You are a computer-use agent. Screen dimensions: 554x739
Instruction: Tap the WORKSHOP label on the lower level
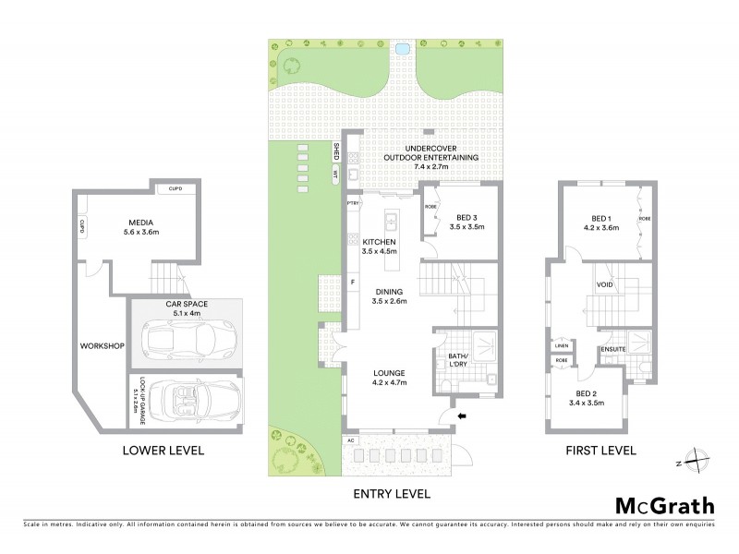[x=102, y=345]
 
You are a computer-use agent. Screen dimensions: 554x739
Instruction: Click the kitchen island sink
[x=391, y=222]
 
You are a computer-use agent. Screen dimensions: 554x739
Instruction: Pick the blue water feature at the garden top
[x=402, y=48]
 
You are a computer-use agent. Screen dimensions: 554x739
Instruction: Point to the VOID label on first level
[x=605, y=284]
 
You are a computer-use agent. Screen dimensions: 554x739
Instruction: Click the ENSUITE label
[x=612, y=348]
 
